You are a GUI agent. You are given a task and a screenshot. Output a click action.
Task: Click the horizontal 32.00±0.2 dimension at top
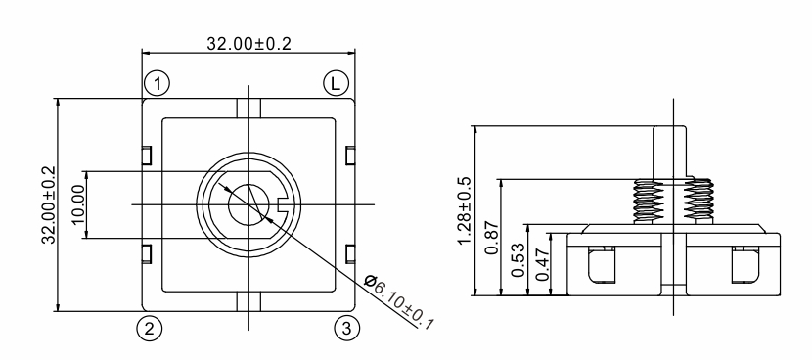pos(248,43)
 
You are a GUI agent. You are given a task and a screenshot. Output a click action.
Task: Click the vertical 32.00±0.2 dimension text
pos(50,204)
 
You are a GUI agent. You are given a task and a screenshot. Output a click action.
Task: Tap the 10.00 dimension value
pos(77,204)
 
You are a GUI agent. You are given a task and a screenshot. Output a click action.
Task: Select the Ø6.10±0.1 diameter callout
pos(399,302)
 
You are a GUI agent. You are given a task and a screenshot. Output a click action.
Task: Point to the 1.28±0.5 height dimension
pos(465,210)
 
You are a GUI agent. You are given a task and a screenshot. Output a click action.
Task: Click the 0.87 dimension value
pos(492,238)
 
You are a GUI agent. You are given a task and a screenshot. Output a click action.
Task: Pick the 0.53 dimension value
pos(518,260)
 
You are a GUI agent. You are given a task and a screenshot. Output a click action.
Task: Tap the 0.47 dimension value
pos(542,264)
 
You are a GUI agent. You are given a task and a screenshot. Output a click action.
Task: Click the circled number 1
pos(157,83)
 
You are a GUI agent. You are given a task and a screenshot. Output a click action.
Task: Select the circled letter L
pos(337,83)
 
